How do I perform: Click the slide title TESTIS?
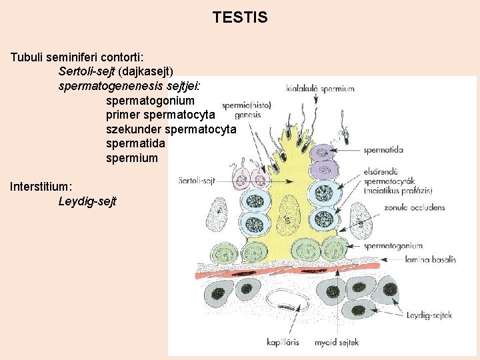click(240, 17)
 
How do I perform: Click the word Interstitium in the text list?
click(41, 186)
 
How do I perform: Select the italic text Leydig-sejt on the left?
click(87, 201)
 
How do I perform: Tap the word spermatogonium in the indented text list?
click(150, 101)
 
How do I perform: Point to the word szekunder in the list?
click(133, 129)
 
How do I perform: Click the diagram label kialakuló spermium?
click(320, 88)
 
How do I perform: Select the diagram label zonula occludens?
click(414, 207)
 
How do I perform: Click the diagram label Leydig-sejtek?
click(430, 315)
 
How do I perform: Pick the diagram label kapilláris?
click(282, 342)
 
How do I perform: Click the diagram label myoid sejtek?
click(339, 342)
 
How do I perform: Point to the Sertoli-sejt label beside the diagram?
click(195, 180)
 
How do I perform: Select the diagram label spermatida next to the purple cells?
click(383, 150)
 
